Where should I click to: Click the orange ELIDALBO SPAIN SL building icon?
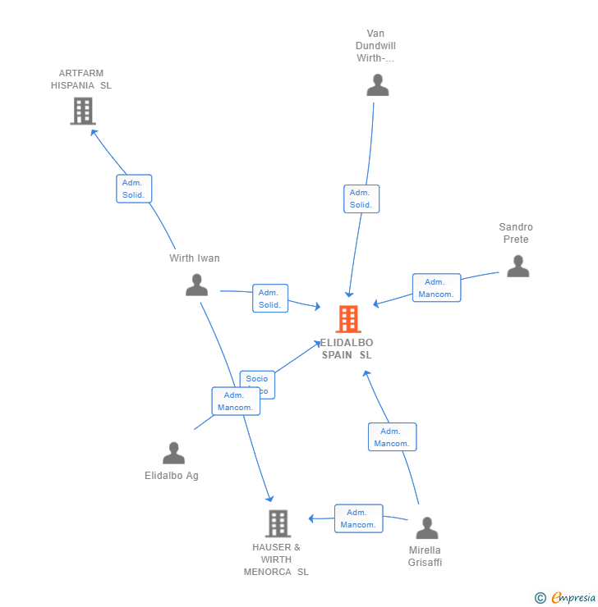(348, 319)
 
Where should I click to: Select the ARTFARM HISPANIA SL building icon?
(82, 111)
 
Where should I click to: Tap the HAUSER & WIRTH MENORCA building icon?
(278, 523)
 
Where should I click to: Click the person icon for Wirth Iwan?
(196, 285)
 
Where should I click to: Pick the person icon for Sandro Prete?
(517, 266)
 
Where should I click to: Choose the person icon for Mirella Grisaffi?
(426, 527)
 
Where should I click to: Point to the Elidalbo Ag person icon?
(173, 453)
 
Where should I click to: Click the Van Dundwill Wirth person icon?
(377, 84)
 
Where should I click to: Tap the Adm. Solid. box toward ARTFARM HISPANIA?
(134, 189)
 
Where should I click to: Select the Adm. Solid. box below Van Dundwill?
(361, 199)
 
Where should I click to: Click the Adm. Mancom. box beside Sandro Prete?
(436, 288)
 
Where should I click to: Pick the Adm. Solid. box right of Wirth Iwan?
(269, 299)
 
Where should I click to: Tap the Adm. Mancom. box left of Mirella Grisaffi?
(358, 518)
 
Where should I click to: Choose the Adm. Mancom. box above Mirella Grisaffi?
(392, 437)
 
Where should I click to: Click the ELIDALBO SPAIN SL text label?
(347, 349)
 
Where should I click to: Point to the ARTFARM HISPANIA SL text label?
(81, 80)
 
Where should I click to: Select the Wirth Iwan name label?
(195, 258)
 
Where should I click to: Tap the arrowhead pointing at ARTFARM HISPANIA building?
(94, 131)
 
